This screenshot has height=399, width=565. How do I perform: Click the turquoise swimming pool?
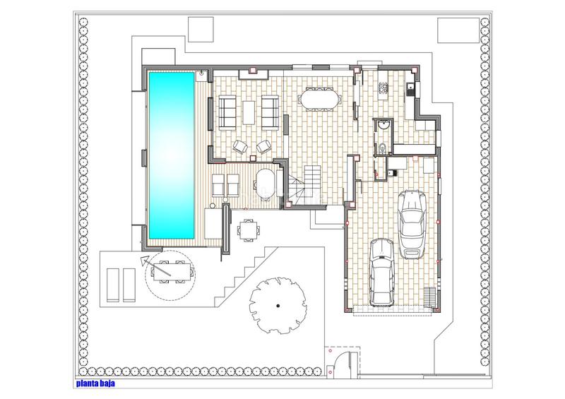pos(171,155)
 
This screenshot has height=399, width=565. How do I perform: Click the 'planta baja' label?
pos(95,383)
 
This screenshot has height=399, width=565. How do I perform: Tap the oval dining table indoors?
pos(319,99)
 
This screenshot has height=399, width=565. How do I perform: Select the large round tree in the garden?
pos(278,306)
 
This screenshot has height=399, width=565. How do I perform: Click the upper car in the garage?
pos(412,224)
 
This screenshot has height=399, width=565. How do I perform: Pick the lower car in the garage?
pos(382,272)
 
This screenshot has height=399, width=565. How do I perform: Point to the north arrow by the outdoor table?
pos(154,265)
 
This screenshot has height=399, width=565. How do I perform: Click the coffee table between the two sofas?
pos(249,112)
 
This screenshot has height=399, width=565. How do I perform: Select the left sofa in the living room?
pos(227,112)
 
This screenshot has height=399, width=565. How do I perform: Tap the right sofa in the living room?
pos(270,112)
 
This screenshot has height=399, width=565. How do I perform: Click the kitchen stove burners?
pos(382,88)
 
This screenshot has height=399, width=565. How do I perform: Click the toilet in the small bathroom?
pos(382,148)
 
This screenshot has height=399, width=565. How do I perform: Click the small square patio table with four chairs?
pos(248,230)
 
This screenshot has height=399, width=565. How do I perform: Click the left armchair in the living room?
pos(240,147)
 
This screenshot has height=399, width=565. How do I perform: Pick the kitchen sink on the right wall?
pos(410,89)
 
